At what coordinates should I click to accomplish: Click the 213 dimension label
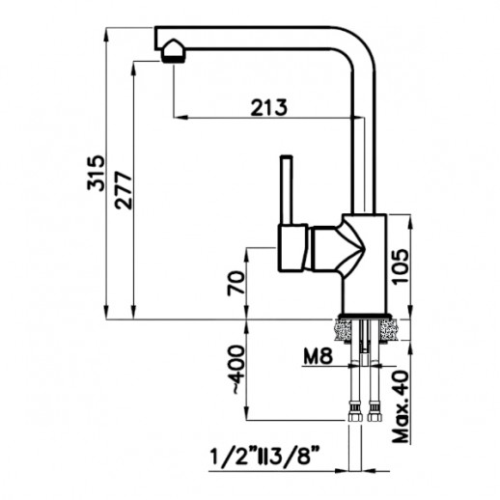point(266,107)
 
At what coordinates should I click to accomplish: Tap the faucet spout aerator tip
point(171,49)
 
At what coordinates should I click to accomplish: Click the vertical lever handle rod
point(286,189)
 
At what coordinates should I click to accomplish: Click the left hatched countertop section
point(343,331)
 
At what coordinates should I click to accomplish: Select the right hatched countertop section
point(390,331)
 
